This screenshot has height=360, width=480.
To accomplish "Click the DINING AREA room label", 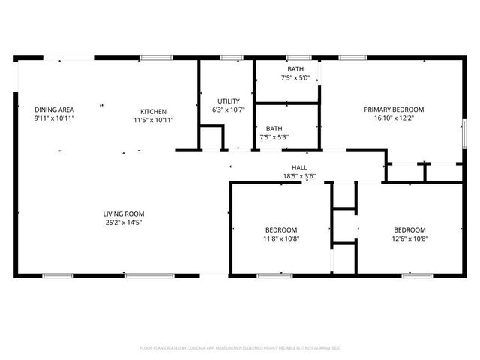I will coord(54,109).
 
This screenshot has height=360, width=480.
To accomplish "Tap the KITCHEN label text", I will coord(153,111).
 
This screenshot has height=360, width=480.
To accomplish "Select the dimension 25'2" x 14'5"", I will coord(123,222).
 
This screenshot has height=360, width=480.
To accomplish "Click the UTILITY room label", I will coord(229,101).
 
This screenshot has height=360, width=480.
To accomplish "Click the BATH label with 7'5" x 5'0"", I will coord(295,68).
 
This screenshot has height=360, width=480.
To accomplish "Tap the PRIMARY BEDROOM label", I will coord(394,109).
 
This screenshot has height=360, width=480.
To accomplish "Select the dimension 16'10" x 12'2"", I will coord(394,118).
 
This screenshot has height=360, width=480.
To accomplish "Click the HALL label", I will coord(299,167).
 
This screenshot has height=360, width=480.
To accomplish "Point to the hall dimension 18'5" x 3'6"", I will coord(299,176).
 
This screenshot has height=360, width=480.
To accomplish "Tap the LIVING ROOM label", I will coord(123,214).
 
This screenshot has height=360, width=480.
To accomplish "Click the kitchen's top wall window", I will coord(156,57).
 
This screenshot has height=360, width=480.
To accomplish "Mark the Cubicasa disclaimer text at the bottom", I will coord(240,348).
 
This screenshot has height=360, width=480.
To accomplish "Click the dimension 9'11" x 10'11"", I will coord(54,118).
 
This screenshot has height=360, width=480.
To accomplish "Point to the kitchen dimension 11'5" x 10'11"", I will coord(153,119).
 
